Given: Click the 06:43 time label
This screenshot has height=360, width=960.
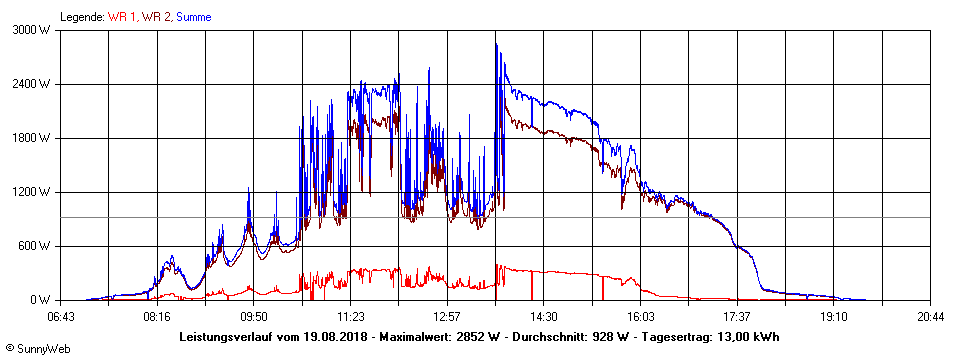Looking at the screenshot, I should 61,317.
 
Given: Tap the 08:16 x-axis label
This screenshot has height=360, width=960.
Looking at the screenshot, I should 157,317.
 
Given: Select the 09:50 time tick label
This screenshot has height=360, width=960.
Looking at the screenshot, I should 254,317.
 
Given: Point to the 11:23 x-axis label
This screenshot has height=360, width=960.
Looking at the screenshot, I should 350,317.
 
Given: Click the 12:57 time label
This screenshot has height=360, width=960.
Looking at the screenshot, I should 447,317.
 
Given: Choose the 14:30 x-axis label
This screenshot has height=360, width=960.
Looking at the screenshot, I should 543,317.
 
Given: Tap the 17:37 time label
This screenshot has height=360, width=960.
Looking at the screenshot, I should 736,317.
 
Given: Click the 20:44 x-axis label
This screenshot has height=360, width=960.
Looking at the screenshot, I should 930,317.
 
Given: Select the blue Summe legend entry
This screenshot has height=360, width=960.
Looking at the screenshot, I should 194,17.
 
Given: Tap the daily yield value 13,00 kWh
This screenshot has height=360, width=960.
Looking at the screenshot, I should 749,337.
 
